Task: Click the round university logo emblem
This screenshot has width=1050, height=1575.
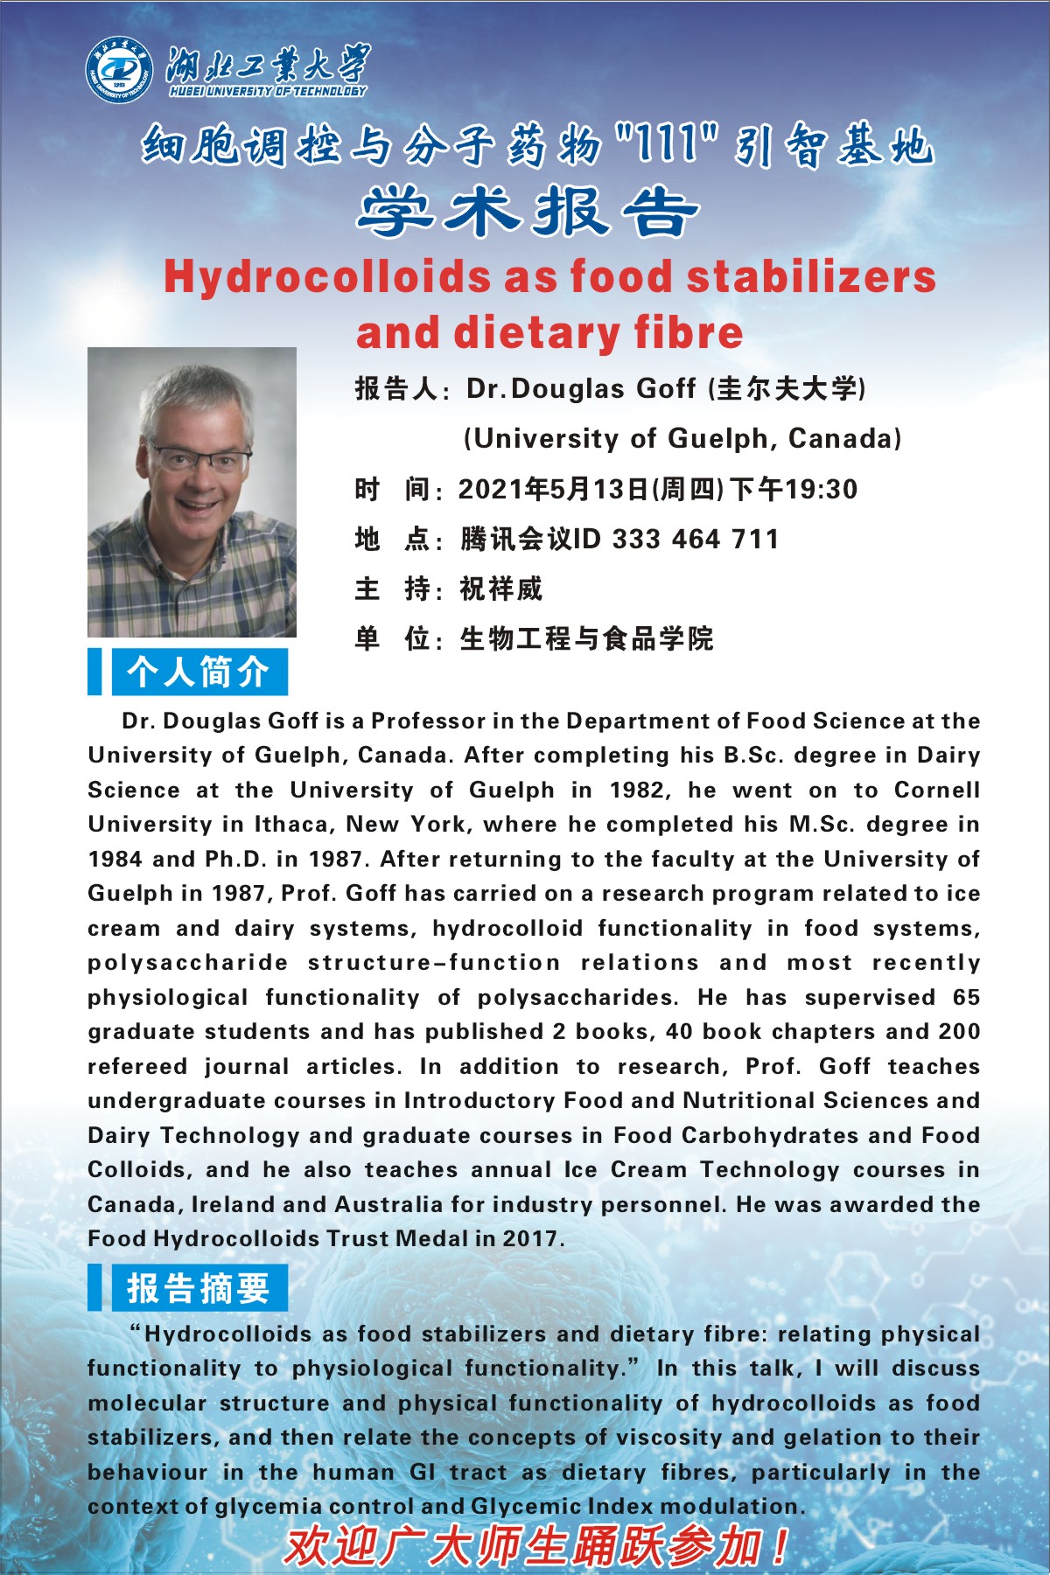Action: [x=119, y=69]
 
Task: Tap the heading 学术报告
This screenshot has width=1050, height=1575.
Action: [x=528, y=213]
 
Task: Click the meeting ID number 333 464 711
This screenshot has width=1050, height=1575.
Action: [x=696, y=539]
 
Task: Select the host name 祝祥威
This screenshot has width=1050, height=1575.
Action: [x=501, y=589]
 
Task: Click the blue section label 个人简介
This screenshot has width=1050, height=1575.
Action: [x=199, y=672]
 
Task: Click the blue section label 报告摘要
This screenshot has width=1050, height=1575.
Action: [x=199, y=1287]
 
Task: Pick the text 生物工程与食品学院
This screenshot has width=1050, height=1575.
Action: [x=587, y=638]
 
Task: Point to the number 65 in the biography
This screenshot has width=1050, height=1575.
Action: [x=966, y=997]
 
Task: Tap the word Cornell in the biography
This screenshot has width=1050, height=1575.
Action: [x=936, y=790]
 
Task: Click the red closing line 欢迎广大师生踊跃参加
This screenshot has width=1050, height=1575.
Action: [x=535, y=1546]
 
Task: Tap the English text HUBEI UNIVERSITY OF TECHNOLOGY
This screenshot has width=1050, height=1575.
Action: [x=268, y=91]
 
